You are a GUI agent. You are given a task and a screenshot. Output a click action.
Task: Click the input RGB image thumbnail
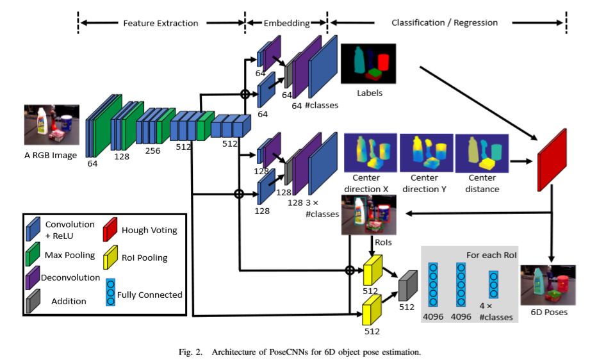(51, 124)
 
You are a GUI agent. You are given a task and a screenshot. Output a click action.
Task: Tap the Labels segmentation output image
(369, 63)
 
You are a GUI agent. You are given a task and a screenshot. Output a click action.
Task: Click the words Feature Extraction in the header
(161, 23)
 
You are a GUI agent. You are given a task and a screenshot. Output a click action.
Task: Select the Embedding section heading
(286, 23)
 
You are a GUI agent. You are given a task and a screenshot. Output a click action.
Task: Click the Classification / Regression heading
(445, 22)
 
